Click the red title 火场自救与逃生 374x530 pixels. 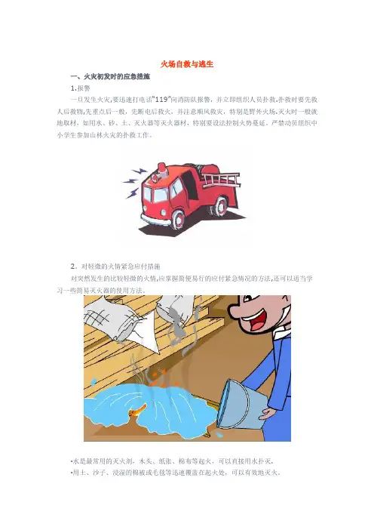tap(187, 64)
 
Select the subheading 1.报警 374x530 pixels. tap(81, 88)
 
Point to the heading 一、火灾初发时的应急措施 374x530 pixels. tap(110, 77)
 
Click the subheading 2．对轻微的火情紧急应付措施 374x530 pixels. tap(115, 267)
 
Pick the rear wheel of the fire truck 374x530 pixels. tap(219, 205)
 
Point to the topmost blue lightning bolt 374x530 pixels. tap(139, 171)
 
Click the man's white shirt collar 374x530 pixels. tap(280, 334)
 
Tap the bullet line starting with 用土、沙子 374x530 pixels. tap(176, 473)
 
